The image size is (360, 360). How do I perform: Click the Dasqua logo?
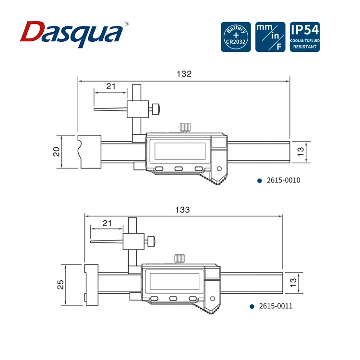pyautogui.click(x=74, y=34)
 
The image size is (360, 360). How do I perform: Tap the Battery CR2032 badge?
pyautogui.click(x=236, y=37)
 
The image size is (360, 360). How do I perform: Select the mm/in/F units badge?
pyautogui.click(x=270, y=37)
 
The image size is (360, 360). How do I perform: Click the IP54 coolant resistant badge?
pyautogui.click(x=305, y=37)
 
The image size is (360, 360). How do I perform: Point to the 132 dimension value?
pyautogui.click(x=184, y=74)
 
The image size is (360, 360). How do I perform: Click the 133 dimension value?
pyautogui.click(x=182, y=210)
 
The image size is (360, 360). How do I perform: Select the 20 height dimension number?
pyautogui.click(x=57, y=152)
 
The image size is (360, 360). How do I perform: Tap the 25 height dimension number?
pyautogui.click(x=60, y=284)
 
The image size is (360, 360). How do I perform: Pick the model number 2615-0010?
pyautogui.click(x=283, y=180)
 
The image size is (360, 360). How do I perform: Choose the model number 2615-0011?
pyautogui.click(x=276, y=306)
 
